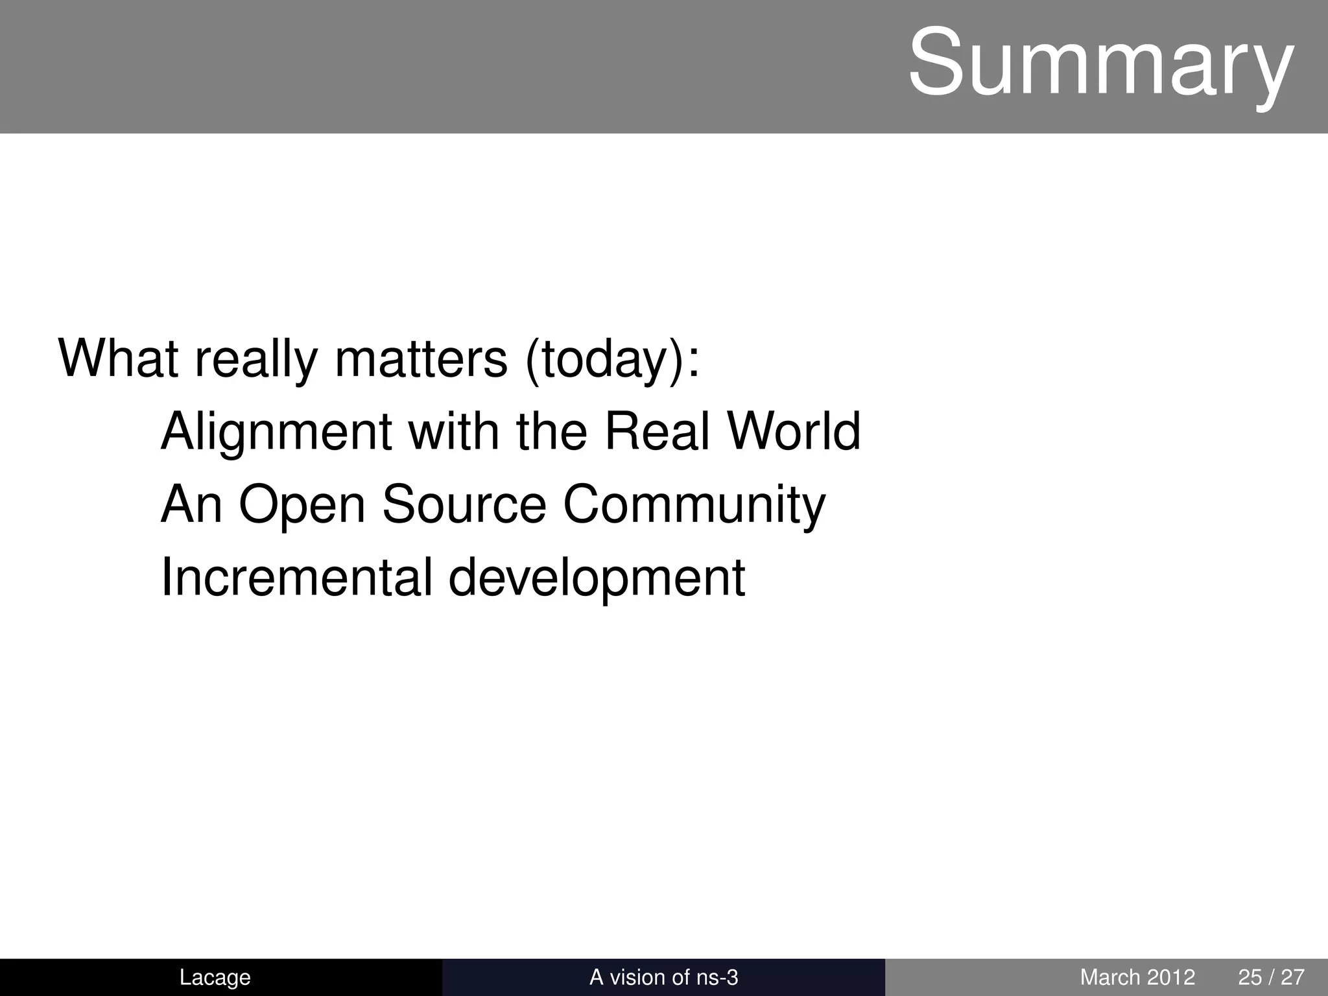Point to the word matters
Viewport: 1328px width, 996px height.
tap(421, 358)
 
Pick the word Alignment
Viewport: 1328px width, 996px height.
tap(276, 433)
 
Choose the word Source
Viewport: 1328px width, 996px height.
tap(464, 504)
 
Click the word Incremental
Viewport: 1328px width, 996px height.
tap(296, 577)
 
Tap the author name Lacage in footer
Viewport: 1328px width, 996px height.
tap(215, 977)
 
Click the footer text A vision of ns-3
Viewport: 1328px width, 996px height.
tap(663, 977)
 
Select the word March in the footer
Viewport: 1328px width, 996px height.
tap(1110, 977)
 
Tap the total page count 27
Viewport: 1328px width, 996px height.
tap(1292, 977)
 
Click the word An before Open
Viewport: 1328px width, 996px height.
tap(191, 504)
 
